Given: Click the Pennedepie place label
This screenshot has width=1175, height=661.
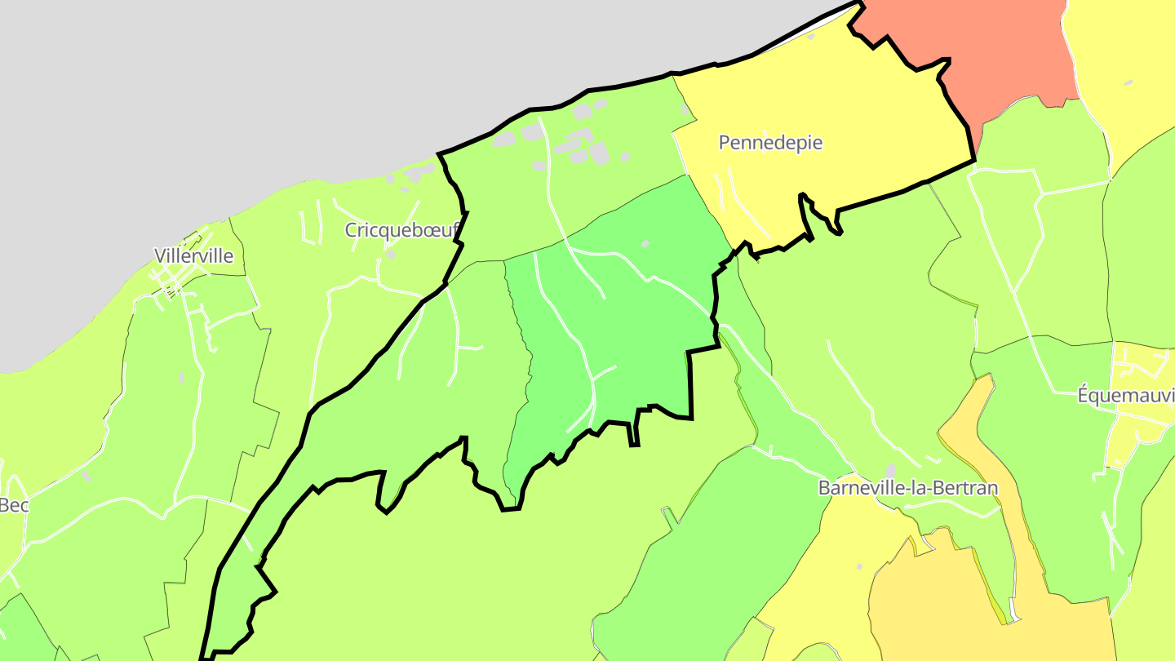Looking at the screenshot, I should click(770, 143).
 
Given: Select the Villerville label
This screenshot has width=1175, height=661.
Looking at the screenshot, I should click(193, 256).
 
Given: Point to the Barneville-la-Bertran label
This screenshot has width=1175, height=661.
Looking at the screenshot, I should click(907, 488).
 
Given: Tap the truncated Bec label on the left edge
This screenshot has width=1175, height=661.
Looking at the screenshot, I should click(14, 506).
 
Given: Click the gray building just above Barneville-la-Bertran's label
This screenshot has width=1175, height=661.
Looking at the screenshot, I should click(891, 471).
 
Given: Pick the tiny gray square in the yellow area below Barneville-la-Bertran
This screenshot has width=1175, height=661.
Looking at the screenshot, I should click(859, 566).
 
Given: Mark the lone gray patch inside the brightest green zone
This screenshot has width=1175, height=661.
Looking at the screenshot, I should click(645, 243).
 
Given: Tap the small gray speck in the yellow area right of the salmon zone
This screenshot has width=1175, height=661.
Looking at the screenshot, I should click(1128, 82).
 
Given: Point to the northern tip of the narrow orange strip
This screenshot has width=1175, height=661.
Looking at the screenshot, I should click(988, 377).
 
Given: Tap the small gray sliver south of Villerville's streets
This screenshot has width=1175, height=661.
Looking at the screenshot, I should click(181, 378).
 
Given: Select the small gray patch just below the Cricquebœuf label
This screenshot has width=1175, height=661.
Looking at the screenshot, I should click(390, 255).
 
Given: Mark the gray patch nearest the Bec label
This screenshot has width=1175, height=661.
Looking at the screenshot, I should click(86, 476).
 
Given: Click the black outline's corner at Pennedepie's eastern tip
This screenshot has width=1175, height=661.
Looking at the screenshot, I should click(974, 161).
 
